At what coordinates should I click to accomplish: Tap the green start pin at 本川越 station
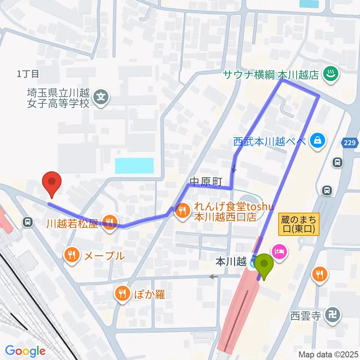265,264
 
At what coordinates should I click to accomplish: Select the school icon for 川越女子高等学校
101,97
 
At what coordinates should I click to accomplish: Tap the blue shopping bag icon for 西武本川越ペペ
318,141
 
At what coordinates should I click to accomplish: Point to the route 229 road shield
348,142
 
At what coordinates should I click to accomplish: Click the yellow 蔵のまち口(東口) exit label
299,224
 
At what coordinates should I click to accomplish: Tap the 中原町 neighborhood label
206,181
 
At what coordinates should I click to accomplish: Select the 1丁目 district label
28,74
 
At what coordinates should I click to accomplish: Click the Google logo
25,351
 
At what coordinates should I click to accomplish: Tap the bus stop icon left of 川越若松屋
27,222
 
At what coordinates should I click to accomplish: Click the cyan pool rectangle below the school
134,165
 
